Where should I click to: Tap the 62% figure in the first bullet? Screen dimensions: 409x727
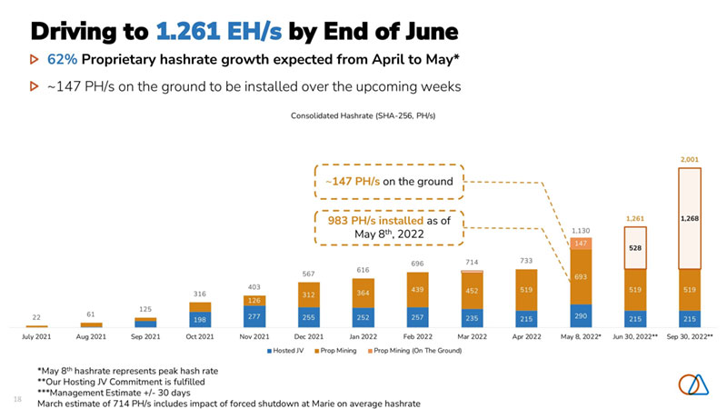61,61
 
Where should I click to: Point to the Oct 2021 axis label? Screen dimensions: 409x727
199,336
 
